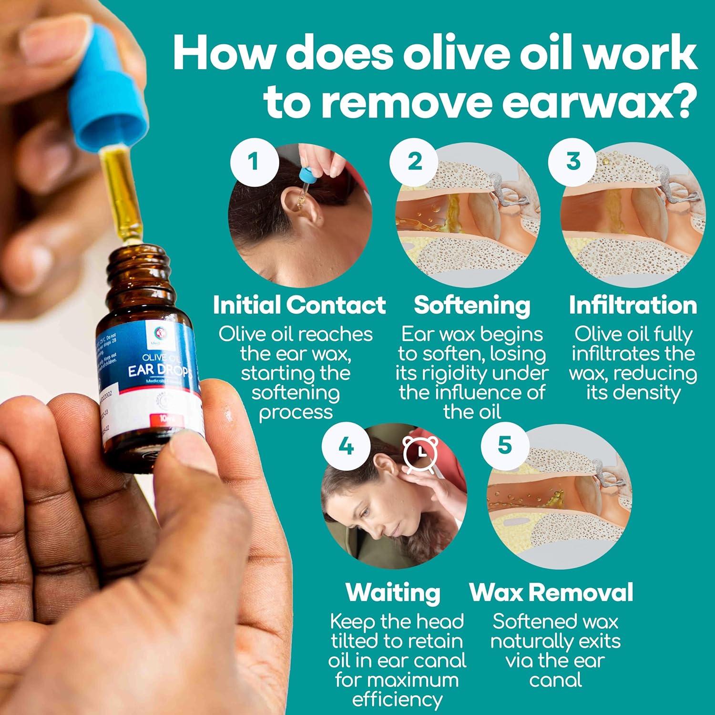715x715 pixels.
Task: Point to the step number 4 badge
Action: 346,447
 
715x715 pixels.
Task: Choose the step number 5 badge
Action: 505,447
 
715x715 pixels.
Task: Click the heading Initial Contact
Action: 299,305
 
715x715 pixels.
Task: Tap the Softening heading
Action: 472,305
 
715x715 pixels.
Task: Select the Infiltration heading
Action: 633,305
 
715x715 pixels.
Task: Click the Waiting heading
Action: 393,592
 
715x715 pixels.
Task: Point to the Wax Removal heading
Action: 552,592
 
